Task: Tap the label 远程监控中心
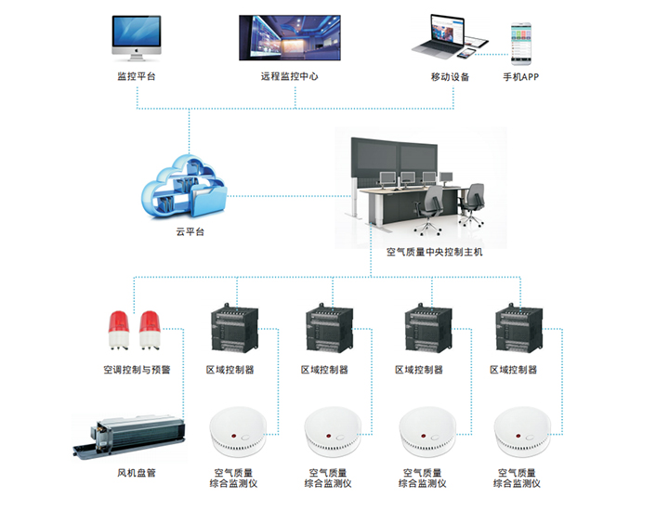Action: point(289,76)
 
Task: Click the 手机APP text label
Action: point(520,76)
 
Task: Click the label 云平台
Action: point(190,231)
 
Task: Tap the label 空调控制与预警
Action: point(137,370)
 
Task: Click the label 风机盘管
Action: point(136,473)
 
